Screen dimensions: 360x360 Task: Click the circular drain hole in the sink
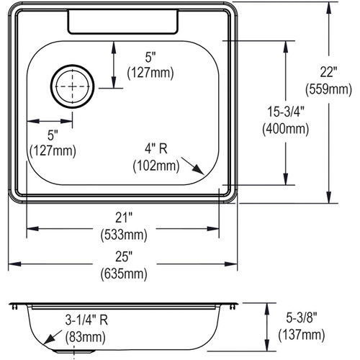pos(71,86)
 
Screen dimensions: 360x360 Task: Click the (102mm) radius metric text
pos(156,165)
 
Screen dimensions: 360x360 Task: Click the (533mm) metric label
pos(122,235)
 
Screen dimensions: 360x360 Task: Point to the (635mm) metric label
pos(122,274)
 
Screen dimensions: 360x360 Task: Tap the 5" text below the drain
pos(52,135)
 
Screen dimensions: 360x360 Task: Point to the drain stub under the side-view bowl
pos(76,351)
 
